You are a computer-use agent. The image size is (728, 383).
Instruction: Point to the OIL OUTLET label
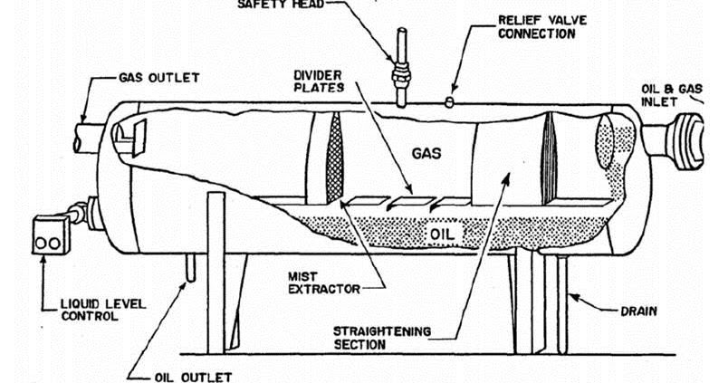(x=191, y=375)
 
